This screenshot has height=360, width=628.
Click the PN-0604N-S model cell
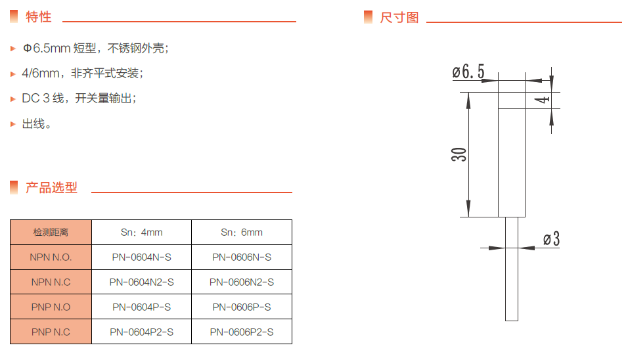coord(141,258)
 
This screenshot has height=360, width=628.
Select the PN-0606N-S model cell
coord(242,258)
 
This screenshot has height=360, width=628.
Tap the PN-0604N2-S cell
coord(141,282)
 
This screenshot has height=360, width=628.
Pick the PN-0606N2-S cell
coord(242,282)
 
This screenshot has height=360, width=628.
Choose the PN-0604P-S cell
coord(141,307)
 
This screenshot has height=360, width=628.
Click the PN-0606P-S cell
coord(242,307)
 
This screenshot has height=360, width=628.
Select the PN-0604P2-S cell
coord(141,332)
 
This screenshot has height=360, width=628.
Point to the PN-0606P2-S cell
coord(242,332)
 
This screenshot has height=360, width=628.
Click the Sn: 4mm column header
coord(141,233)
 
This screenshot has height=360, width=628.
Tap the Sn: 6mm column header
coord(242,233)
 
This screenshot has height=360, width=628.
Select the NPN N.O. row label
coord(51,258)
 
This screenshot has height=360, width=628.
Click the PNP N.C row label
coord(51,332)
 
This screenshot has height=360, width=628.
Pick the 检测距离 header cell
coord(51,233)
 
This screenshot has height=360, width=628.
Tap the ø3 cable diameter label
coord(552,239)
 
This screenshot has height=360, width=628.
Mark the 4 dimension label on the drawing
coord(542,100)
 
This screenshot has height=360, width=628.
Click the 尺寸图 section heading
coord(399,17)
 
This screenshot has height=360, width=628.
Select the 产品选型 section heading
coord(51,187)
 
